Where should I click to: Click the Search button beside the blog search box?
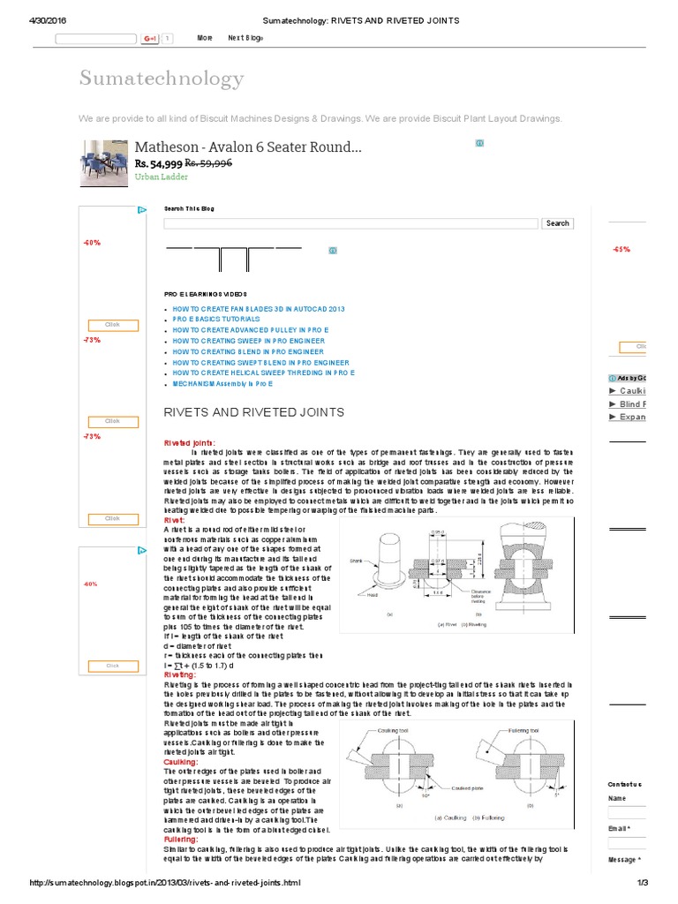(557, 223)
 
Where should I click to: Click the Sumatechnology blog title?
(162, 78)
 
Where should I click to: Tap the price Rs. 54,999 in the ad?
(158, 163)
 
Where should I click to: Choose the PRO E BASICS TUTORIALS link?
(213, 320)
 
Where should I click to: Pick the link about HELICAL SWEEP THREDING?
(263, 373)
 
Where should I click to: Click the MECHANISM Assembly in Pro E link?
(222, 384)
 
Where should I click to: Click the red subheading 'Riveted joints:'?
(189, 442)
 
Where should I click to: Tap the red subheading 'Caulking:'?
(182, 761)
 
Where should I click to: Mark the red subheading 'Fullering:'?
(181, 839)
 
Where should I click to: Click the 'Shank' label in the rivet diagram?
(356, 559)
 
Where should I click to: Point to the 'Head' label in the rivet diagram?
(372, 595)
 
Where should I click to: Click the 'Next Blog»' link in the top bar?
(245, 38)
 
